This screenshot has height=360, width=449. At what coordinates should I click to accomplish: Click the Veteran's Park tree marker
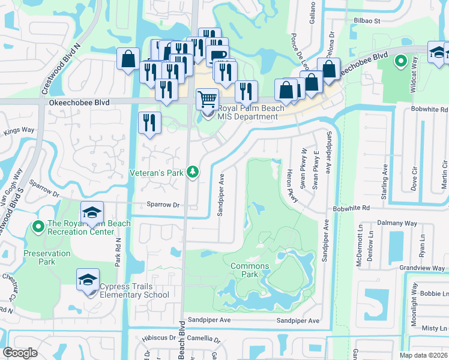[x=193, y=172]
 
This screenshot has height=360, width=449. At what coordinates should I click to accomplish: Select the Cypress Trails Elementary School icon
[x=88, y=280]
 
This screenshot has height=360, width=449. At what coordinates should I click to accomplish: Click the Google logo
[x=20, y=352]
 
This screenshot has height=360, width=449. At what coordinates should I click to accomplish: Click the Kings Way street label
[x=19, y=130]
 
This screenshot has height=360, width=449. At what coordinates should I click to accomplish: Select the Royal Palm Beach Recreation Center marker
[x=37, y=226]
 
